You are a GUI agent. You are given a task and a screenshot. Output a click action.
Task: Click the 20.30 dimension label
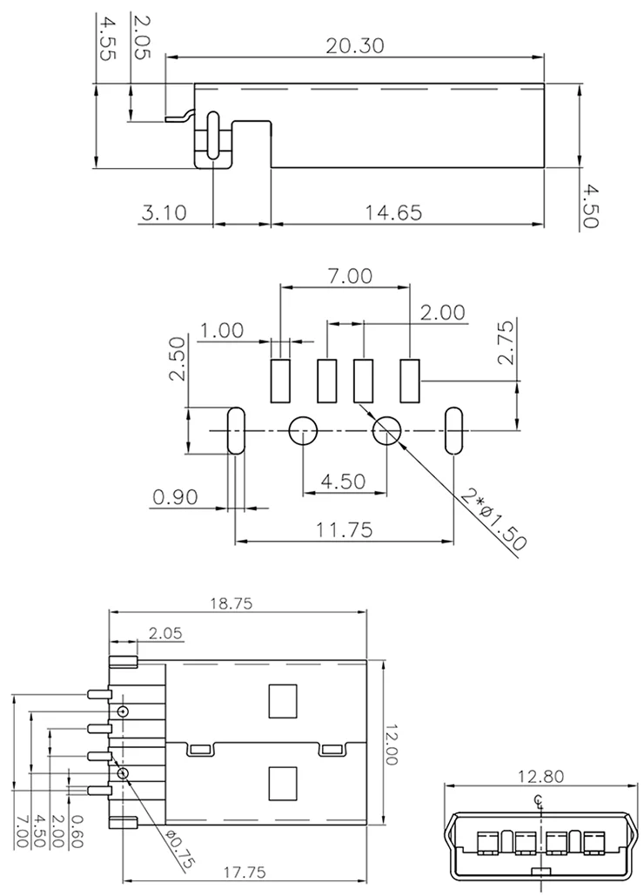click(354, 45)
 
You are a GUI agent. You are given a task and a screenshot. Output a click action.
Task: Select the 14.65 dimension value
click(393, 212)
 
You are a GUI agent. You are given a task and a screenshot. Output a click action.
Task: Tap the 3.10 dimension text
click(164, 212)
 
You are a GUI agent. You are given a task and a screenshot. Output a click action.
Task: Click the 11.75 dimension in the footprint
click(345, 529)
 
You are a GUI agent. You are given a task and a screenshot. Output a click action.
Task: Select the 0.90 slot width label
click(175, 497)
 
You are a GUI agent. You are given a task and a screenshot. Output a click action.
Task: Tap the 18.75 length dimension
click(231, 603)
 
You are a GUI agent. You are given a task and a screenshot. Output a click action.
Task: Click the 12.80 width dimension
click(540, 776)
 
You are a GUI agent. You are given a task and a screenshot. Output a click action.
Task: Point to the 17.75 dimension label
click(245, 872)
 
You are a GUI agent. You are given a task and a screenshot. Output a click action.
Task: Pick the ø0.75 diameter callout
click(179, 851)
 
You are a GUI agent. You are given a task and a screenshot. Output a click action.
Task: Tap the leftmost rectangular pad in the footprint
click(280, 381)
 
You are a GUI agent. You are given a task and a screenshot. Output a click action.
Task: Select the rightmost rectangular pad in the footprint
click(410, 381)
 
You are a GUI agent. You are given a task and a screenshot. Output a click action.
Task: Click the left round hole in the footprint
click(303, 431)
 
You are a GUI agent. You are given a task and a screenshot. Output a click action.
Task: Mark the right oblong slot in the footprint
click(454, 431)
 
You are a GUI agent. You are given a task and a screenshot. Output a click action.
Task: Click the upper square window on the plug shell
click(283, 701)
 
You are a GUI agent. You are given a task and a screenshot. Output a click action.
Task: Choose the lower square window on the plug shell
click(283, 784)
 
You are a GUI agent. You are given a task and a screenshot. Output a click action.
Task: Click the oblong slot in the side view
click(212, 136)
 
